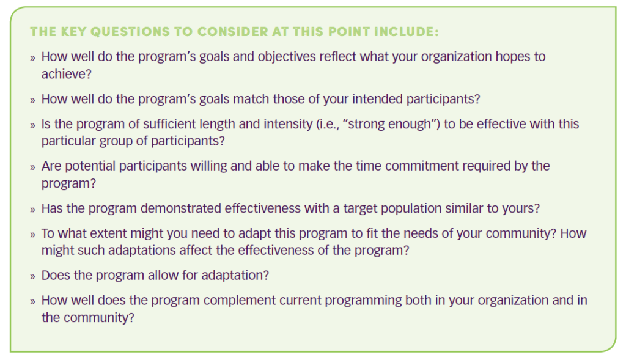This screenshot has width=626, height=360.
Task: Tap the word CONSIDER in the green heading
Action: pos(232,32)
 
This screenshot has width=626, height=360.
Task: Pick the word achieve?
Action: pos(67,74)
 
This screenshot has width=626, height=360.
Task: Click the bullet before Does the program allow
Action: pos(32,276)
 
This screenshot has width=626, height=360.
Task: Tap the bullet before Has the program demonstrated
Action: pos(32,209)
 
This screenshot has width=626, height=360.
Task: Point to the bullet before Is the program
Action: pos(32,125)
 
